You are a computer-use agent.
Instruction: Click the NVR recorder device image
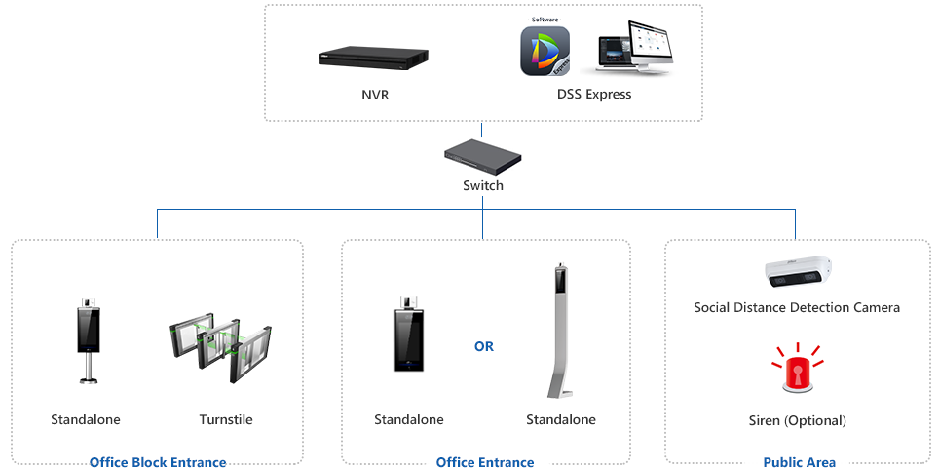tap(375, 59)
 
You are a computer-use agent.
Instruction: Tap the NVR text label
tap(375, 95)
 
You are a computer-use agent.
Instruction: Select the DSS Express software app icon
tap(545, 51)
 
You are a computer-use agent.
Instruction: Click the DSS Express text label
tap(594, 95)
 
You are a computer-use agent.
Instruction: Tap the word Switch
tap(483, 186)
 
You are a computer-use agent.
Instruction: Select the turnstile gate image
tap(220, 346)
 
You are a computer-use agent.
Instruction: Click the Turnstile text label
tap(226, 419)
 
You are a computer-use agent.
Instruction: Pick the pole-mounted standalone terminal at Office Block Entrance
tap(89, 340)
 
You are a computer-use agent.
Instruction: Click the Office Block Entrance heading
tap(158, 463)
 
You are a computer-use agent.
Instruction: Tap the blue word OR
tap(484, 346)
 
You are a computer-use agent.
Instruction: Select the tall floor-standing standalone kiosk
tap(560, 331)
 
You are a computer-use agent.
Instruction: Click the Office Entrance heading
tap(485, 463)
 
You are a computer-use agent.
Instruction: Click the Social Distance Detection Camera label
tap(797, 307)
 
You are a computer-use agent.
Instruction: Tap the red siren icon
tap(797, 368)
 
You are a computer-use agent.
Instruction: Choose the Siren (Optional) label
tap(797, 421)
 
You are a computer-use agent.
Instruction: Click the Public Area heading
tap(799, 463)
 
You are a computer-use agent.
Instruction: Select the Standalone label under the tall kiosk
tap(560, 419)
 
